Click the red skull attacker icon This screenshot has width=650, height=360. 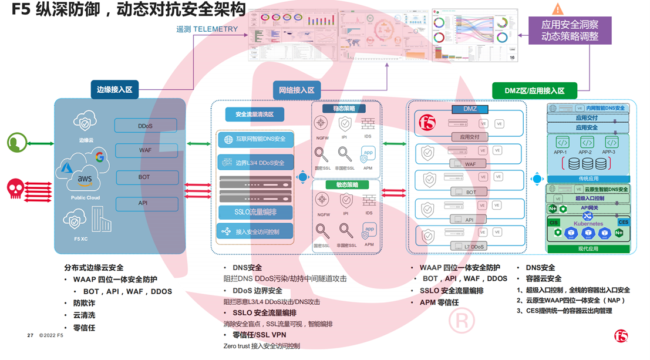(x=15, y=188)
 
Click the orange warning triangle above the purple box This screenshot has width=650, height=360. (x=557, y=8)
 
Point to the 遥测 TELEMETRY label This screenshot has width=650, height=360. (x=207, y=29)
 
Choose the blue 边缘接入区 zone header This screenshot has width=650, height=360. (x=114, y=90)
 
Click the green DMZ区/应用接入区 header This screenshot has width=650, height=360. (x=534, y=90)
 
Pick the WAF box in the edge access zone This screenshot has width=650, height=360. (x=145, y=150)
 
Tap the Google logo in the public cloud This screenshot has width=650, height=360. (x=99, y=157)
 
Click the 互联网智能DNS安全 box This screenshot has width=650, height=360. (x=255, y=139)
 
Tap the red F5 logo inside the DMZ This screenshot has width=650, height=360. (x=427, y=123)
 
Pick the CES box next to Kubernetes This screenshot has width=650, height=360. (x=623, y=222)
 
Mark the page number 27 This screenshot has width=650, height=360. (x=30, y=335)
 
